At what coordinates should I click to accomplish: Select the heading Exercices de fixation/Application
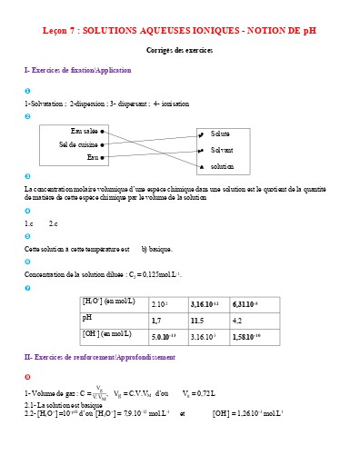[81, 70]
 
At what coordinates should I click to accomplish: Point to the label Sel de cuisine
[78, 144]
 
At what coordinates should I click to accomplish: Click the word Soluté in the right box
[221, 134]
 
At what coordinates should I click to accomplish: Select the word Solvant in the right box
[222, 150]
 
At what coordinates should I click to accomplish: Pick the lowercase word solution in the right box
[223, 166]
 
